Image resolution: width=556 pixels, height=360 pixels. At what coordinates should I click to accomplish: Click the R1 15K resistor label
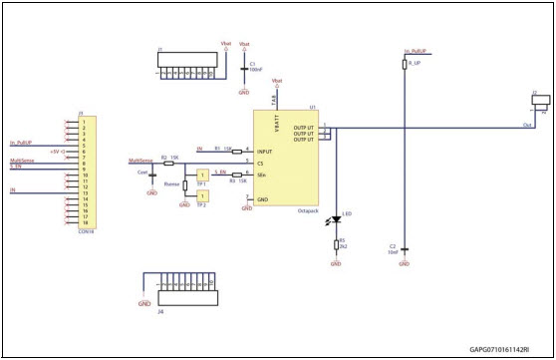click(222, 147)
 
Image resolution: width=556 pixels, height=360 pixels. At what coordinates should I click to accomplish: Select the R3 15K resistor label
click(235, 181)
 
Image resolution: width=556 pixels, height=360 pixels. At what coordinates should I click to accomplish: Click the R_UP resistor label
click(411, 62)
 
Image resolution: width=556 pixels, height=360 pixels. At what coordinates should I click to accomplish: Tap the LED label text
click(346, 213)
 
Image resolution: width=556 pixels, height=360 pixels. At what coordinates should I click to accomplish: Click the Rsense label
click(171, 183)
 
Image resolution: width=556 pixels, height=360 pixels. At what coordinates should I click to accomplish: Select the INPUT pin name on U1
click(266, 150)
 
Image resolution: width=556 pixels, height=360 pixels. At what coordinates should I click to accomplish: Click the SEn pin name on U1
click(261, 175)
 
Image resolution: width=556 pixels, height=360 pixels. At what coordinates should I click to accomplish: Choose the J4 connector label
click(161, 310)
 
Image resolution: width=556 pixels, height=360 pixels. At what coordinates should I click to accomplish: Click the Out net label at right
click(526, 125)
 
